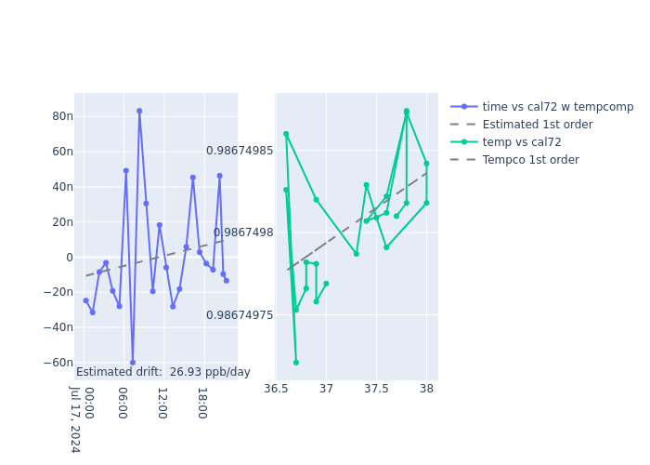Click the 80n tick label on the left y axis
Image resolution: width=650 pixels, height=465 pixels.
pyautogui.click(x=62, y=116)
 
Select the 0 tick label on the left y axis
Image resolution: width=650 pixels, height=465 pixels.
pyautogui.click(x=68, y=258)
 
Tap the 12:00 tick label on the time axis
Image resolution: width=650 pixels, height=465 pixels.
pyautogui.click(x=162, y=403)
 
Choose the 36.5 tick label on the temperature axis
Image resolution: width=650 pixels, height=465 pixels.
pyautogui.click(x=275, y=388)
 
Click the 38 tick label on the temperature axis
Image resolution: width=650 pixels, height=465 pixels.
pyautogui.click(x=426, y=388)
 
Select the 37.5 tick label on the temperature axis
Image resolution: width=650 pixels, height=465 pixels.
pyautogui.click(x=376, y=388)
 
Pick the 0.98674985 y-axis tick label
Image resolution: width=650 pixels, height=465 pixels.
pyautogui.click(x=240, y=151)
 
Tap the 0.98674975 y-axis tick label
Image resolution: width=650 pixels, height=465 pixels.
pyautogui.click(x=240, y=315)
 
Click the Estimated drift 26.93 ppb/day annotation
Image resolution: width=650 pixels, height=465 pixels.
pyautogui.click(x=163, y=372)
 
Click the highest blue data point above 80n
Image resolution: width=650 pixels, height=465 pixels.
pyautogui.click(x=139, y=111)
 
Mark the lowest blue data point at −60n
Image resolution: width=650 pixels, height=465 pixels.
pyautogui.click(x=133, y=363)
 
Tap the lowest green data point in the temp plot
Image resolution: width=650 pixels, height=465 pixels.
pyautogui.click(x=296, y=363)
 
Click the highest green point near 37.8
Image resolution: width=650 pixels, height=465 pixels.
pyautogui.click(x=406, y=111)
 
